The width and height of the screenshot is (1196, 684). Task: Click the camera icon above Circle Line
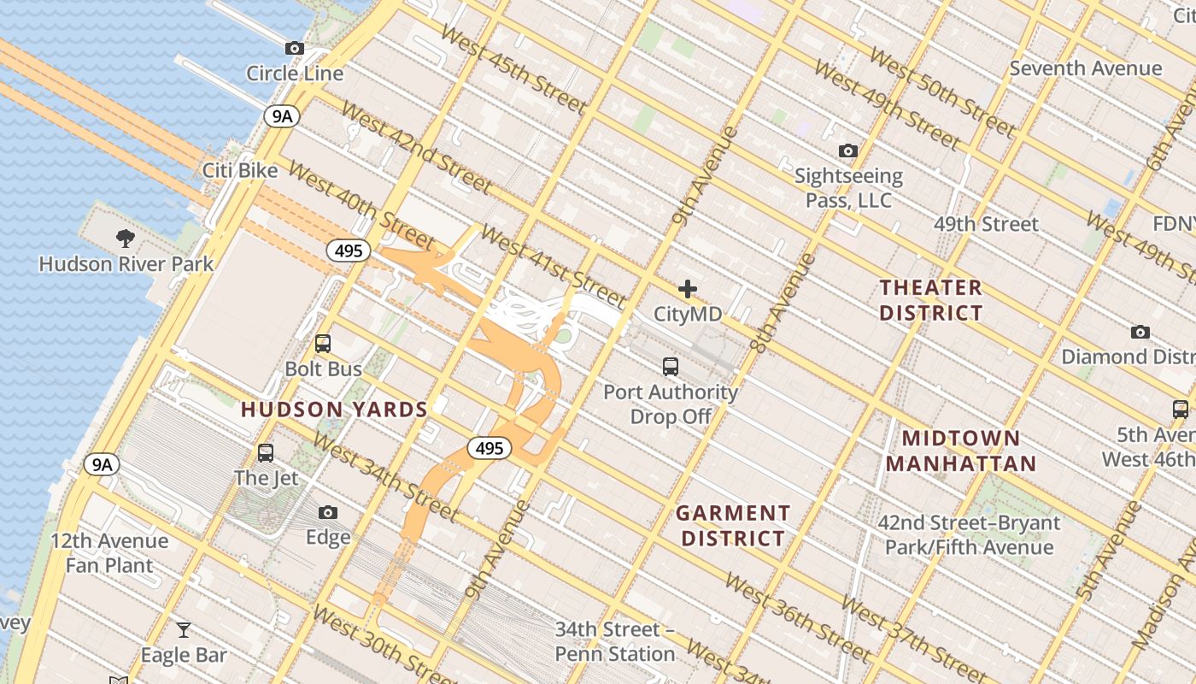click(x=295, y=49)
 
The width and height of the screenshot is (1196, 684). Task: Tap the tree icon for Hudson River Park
click(x=126, y=238)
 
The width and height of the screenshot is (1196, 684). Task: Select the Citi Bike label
click(x=240, y=170)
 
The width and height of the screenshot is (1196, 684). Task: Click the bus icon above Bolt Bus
click(x=323, y=344)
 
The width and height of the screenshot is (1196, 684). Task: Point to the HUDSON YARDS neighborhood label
click(x=334, y=410)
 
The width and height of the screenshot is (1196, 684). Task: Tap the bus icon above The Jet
click(x=266, y=453)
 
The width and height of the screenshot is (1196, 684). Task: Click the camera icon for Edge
click(x=328, y=513)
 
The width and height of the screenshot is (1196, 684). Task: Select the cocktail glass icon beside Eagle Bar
click(x=184, y=630)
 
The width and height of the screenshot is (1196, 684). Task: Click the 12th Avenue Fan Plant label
click(x=109, y=553)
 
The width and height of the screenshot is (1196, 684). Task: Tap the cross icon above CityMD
click(x=688, y=289)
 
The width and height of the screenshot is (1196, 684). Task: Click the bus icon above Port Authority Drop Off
click(x=671, y=367)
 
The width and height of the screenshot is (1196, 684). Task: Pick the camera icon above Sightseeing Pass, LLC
click(x=848, y=151)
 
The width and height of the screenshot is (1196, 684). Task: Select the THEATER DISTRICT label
click(x=931, y=300)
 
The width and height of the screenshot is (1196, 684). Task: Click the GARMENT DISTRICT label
click(x=732, y=526)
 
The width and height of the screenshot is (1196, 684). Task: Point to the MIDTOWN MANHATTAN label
click(x=961, y=451)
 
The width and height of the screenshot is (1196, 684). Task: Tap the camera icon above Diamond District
click(x=1140, y=332)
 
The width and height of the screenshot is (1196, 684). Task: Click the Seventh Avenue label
click(x=1086, y=68)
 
